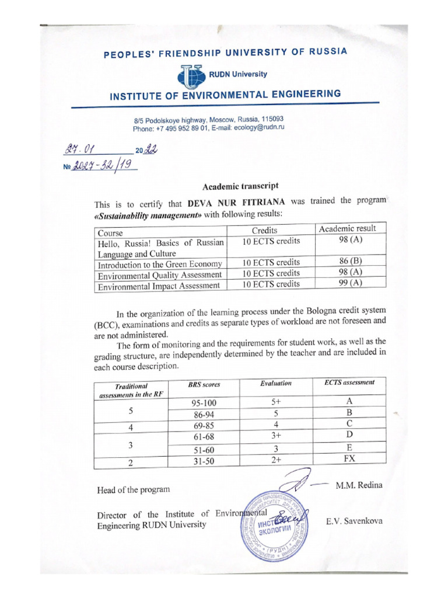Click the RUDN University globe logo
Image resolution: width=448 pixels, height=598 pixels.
(191, 77)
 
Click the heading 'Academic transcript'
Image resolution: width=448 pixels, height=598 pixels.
(236, 186)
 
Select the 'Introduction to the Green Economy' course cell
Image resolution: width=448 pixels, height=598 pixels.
(160, 263)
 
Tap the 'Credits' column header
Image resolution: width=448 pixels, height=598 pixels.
(264, 230)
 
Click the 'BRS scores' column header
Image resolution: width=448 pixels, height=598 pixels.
(204, 385)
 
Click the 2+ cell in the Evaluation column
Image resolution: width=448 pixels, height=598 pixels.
(276, 460)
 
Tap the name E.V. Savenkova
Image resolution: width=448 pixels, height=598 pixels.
(354, 520)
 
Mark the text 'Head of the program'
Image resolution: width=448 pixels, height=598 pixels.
(134, 489)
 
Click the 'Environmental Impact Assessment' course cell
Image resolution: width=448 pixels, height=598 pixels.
(159, 286)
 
